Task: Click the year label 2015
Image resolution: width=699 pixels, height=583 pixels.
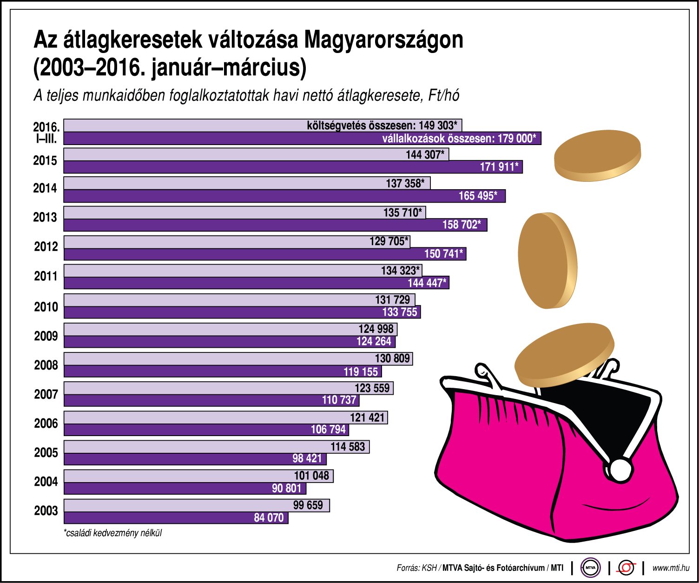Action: [45, 161]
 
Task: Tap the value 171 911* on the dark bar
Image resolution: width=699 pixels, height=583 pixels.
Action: [499, 167]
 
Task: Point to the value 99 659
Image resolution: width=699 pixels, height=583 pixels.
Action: [308, 505]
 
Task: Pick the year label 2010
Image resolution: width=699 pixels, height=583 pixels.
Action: [46, 307]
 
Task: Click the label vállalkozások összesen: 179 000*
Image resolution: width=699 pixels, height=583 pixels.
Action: [459, 139]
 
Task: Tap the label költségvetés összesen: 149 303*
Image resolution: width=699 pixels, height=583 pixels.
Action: [382, 126]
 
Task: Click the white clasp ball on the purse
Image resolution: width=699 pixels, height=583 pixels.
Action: [619, 470]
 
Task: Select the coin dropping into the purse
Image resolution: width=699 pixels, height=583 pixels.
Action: [564, 356]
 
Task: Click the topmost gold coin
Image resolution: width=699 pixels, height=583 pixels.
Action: [598, 155]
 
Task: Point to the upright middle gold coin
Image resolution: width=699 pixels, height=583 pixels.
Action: [547, 260]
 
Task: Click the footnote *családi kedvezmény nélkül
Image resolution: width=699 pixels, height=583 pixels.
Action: [113, 533]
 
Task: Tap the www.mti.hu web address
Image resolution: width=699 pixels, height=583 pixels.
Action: [670, 568]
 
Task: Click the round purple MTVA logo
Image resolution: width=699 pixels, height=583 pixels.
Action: [590, 568]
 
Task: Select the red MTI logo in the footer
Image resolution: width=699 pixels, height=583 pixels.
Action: [626, 568]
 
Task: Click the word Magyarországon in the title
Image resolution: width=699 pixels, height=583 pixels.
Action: [383, 40]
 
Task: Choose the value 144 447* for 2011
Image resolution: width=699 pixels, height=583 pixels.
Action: [427, 283]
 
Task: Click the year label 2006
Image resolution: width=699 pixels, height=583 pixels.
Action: [46, 424]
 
